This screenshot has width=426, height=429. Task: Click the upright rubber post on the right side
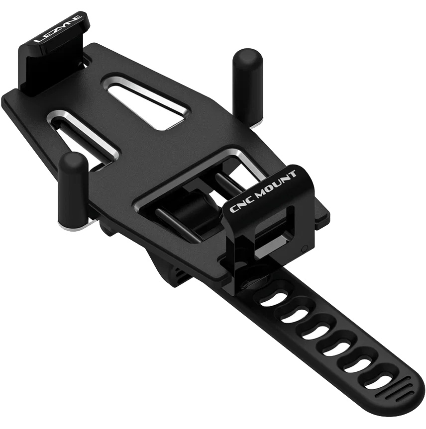point(247,86)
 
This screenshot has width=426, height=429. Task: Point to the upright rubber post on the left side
point(73,189)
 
